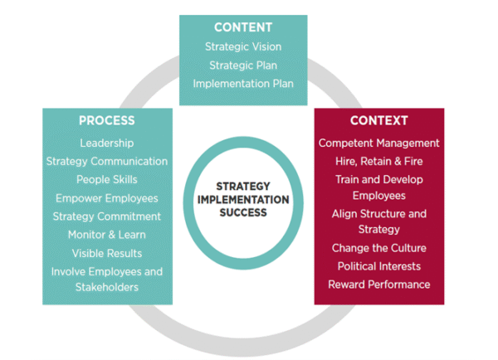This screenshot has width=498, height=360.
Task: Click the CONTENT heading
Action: [x=242, y=27]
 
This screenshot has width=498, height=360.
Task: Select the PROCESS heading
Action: [x=106, y=121]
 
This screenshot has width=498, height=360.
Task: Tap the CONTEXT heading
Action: [x=378, y=121]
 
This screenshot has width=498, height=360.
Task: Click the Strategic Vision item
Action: [x=242, y=47]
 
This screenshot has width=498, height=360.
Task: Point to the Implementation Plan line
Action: [x=242, y=84]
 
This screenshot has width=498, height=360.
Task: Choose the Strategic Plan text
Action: [x=242, y=66]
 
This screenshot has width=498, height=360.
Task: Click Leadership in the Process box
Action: [x=106, y=144]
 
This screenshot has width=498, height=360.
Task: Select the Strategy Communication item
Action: [x=106, y=162]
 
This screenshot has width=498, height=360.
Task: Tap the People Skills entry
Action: [x=106, y=180]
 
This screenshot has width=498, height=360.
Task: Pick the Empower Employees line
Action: [x=106, y=198]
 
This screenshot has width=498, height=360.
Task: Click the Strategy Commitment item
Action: [x=106, y=216]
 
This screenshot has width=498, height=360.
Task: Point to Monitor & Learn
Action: [x=106, y=235]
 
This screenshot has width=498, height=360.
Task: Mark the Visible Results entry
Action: [x=106, y=253]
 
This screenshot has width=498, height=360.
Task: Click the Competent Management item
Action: [x=378, y=144]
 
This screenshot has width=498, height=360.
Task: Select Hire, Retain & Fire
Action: [x=378, y=162]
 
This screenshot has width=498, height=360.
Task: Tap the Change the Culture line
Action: [x=378, y=248]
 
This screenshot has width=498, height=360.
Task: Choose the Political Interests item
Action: [x=378, y=266]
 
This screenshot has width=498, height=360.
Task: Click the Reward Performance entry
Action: [x=378, y=285]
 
